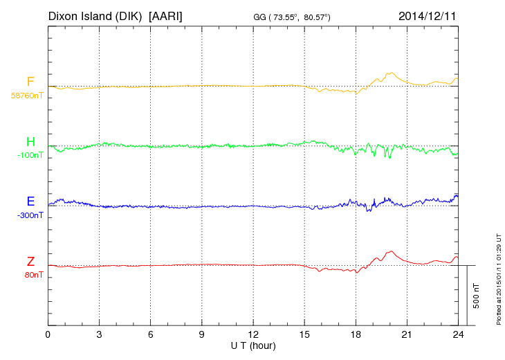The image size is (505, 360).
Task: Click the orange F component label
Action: click(30, 82)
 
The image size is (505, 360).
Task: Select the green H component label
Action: click(30, 142)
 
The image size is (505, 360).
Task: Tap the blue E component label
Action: click(30, 201)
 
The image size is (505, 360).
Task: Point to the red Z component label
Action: click(30, 261)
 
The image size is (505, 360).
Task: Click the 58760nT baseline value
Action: click(26, 96)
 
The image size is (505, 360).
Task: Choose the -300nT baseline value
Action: click(30, 215)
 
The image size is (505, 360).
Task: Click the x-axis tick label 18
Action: click(356, 335)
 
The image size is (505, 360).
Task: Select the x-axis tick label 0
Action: click(48, 335)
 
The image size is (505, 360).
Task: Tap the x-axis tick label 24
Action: click(457, 335)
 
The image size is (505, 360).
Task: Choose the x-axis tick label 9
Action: click(202, 335)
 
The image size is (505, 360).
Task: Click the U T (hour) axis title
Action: click(252, 345)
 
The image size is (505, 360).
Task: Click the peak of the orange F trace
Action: click(392, 73)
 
